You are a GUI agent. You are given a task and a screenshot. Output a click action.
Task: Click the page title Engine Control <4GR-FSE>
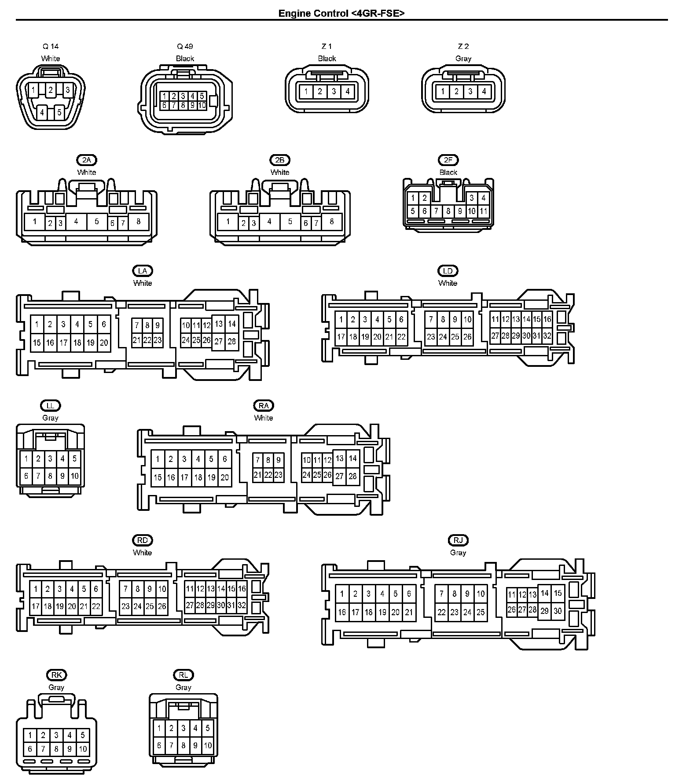(341, 13)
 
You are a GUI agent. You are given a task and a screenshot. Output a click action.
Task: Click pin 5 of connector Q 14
(59, 112)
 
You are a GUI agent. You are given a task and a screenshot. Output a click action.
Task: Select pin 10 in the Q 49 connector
(202, 106)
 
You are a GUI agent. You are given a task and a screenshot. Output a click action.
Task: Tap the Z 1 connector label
(327, 46)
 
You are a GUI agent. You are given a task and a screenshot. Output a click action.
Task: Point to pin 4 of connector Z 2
(484, 92)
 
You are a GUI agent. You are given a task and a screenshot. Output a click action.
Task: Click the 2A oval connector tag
(87, 160)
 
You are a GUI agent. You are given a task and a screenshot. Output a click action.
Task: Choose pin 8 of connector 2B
(331, 222)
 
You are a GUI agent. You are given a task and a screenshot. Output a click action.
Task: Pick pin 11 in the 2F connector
(483, 211)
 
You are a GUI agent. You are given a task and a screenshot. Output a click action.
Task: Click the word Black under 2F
(448, 172)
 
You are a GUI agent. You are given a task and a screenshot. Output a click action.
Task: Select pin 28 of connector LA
(231, 341)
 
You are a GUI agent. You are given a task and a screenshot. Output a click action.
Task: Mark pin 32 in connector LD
(547, 336)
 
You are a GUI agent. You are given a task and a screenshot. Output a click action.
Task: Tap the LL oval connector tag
(50, 406)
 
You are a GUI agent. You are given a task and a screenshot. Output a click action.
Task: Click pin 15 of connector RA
(158, 477)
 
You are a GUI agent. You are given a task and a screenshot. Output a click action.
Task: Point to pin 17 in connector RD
(36, 606)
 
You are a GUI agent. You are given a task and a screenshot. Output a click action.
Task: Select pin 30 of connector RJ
(558, 611)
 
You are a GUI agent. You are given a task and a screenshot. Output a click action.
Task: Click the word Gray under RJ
(458, 553)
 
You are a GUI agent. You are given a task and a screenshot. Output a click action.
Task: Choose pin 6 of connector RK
(30, 749)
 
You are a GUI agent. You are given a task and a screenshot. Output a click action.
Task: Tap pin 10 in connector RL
(207, 746)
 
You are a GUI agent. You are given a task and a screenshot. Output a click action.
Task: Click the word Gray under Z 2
(463, 59)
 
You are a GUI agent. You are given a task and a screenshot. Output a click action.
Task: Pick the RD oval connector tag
(142, 540)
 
